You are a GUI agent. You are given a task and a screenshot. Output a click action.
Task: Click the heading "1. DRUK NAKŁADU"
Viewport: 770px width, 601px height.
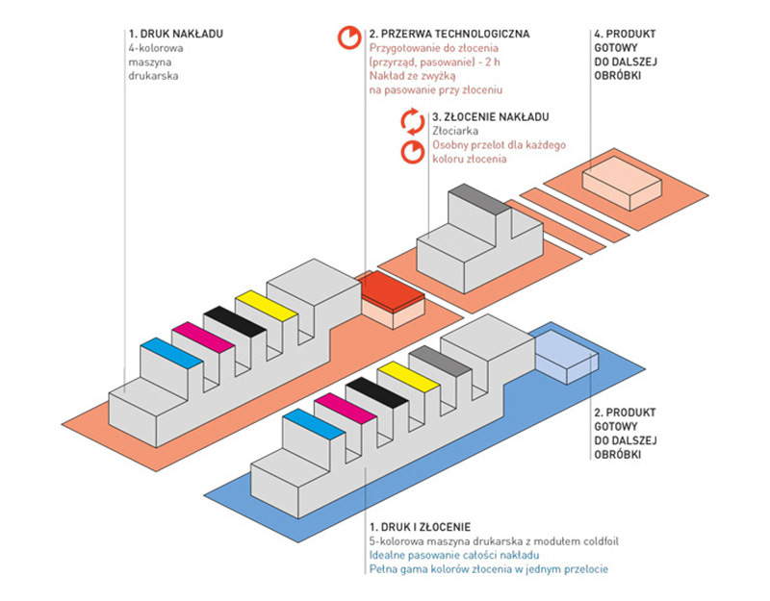coord(176,34)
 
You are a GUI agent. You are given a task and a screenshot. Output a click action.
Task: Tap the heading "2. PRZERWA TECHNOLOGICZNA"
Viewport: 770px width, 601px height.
coord(449,34)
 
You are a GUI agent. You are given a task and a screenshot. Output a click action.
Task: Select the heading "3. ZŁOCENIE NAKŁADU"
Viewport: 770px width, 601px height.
coord(491,116)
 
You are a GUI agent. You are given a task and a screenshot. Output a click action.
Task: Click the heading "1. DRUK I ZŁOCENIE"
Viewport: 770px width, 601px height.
coord(420,527)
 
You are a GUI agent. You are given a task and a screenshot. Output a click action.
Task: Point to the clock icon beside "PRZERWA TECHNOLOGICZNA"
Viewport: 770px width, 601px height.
coord(349,37)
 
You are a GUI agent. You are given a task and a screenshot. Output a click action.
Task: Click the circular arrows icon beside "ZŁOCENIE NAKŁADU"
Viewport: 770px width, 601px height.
coord(413,121)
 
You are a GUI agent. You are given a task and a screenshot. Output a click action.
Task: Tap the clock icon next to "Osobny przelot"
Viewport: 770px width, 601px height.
coord(413,152)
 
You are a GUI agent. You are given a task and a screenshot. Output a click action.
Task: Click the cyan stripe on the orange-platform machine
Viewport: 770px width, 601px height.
coord(171,353)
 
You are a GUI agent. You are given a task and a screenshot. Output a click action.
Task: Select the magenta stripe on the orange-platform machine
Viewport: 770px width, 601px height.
coord(203,338)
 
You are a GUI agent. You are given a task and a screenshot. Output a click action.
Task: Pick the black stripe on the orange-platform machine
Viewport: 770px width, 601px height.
coord(234,321)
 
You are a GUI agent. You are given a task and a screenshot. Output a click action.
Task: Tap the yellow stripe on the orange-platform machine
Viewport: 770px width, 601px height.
coord(266,306)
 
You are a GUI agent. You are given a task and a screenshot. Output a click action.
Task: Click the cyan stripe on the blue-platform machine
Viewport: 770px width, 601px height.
coord(314,424)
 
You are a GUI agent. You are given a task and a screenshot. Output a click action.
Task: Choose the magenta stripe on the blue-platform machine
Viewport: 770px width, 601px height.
coord(346,408)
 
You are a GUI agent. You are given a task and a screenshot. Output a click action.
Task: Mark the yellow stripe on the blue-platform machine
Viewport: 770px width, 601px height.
coord(408,377)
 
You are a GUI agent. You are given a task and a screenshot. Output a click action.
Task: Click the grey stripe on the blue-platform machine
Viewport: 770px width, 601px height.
coord(440,362)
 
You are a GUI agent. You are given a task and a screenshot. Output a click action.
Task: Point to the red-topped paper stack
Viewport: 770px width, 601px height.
coord(393,299)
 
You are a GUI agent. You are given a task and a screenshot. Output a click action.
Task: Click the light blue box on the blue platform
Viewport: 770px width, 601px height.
coord(567,357)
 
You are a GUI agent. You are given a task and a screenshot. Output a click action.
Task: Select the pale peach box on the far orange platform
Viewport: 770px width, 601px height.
coord(622,183)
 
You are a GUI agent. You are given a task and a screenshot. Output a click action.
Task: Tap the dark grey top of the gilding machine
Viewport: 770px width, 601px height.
coord(479,199)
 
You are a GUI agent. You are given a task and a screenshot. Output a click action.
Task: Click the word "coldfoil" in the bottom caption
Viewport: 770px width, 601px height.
coord(601,541)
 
